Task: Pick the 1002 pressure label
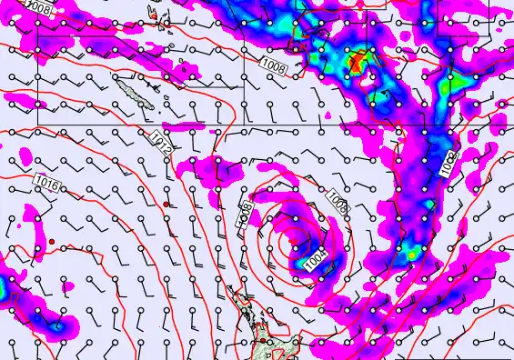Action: pyautogui.click(x=448, y=165)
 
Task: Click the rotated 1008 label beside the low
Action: pyautogui.click(x=245, y=215)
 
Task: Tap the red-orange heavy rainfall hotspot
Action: pyautogui.click(x=358, y=62)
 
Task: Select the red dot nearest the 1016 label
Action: pyautogui.click(x=53, y=241)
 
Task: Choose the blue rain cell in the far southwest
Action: pyautogui.click(x=56, y=324)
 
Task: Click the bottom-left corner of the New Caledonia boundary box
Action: pyautogui.click(x=38, y=123)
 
